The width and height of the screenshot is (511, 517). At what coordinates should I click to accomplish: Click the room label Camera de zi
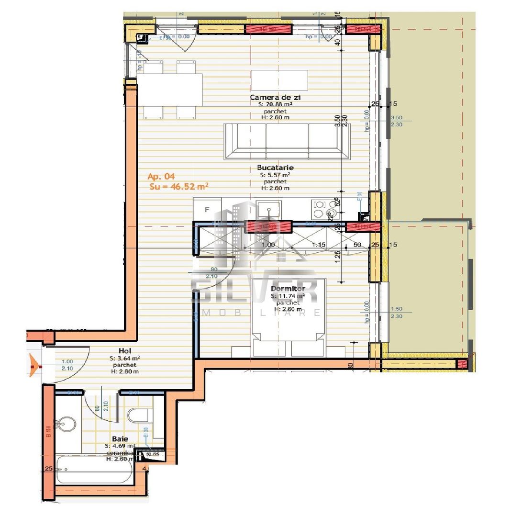coord(275,97)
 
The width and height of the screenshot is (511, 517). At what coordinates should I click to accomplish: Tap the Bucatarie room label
coord(275,168)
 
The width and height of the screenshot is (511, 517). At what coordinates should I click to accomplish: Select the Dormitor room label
coord(288,289)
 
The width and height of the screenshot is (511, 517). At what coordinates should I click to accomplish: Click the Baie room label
coord(120,438)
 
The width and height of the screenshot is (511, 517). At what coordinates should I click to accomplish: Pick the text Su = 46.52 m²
coord(178,187)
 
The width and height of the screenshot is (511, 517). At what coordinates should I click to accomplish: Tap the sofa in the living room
coord(287,141)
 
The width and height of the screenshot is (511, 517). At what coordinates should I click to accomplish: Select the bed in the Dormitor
coord(289,318)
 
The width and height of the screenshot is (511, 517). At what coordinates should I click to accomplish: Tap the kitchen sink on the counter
coord(268,209)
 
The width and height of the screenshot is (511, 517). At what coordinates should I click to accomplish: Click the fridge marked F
coord(207,210)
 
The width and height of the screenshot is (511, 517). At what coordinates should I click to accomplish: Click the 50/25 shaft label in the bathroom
coord(153,454)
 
